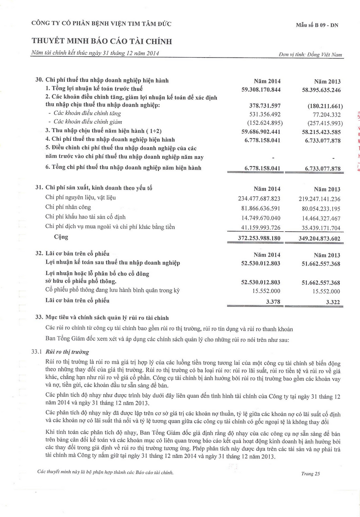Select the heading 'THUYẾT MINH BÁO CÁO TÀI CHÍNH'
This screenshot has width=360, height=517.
102,42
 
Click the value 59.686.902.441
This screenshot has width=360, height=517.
261,131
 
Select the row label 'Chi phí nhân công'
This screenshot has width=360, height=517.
68,207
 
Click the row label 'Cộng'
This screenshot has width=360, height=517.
61,236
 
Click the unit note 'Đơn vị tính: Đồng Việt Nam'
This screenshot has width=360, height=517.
311,55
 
